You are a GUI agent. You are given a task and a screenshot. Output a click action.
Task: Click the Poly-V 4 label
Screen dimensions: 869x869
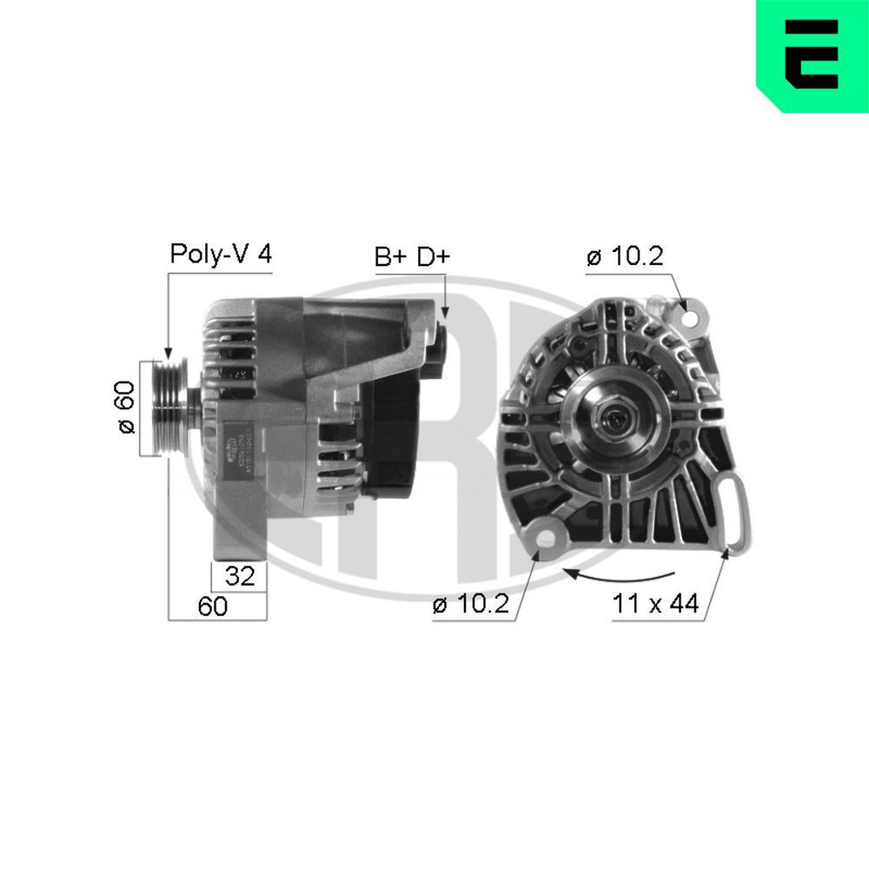coord(221,254)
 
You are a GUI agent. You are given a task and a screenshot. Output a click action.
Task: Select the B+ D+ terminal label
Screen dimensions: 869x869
coord(412,256)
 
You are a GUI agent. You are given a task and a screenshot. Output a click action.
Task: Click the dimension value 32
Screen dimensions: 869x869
coord(239,576)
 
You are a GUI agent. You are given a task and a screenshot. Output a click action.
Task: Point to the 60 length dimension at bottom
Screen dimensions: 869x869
coord(212,607)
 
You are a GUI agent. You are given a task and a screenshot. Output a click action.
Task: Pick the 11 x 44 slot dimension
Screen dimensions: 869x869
coord(655,604)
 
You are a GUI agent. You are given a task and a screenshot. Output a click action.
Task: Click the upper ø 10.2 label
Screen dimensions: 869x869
coord(625,256)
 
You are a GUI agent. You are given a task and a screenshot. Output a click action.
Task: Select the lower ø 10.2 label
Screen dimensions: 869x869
coord(470,605)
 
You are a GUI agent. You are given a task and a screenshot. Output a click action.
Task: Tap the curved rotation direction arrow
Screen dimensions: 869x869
coord(619,575)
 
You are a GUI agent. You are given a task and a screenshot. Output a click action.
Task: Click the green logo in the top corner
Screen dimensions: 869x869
coord(812,56)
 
